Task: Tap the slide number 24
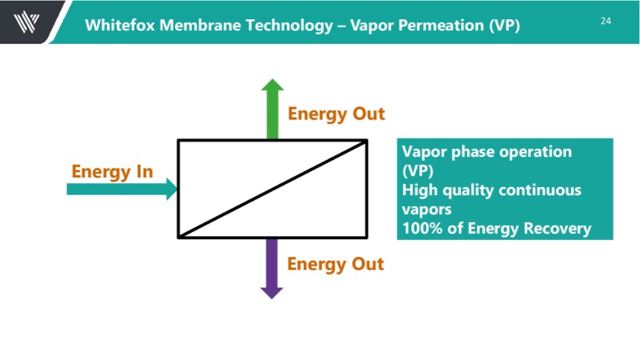pyautogui.click(x=605, y=21)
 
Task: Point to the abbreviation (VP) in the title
pyautogui.click(x=504, y=25)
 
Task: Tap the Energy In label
pyautogui.click(x=112, y=171)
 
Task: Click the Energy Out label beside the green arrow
pyautogui.click(x=336, y=114)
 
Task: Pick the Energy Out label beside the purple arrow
pyautogui.click(x=336, y=263)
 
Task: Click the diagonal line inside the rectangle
pyautogui.click(x=272, y=190)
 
